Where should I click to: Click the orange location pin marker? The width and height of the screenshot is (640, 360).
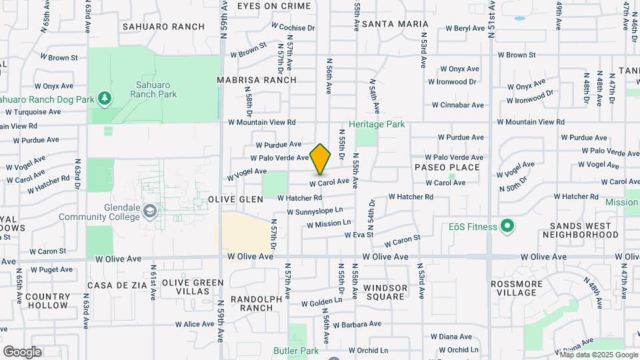[x=321, y=159]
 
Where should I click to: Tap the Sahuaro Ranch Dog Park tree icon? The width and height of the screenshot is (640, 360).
[x=104, y=99]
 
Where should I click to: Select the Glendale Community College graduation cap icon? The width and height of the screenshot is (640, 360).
[x=152, y=211]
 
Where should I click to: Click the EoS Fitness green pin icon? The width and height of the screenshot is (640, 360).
[x=507, y=227]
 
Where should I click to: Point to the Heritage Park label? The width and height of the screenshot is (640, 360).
[x=377, y=124]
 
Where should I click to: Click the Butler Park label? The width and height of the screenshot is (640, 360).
[x=296, y=350]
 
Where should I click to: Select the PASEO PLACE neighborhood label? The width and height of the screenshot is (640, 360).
[x=447, y=167]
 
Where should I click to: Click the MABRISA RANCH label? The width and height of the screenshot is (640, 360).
[x=257, y=80]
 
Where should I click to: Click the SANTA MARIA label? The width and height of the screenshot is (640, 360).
[x=395, y=24]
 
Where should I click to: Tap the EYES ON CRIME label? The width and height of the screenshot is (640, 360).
[x=274, y=6]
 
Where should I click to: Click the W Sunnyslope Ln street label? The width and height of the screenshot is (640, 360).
[x=315, y=211]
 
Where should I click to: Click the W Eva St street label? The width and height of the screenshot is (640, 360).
[x=358, y=234]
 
